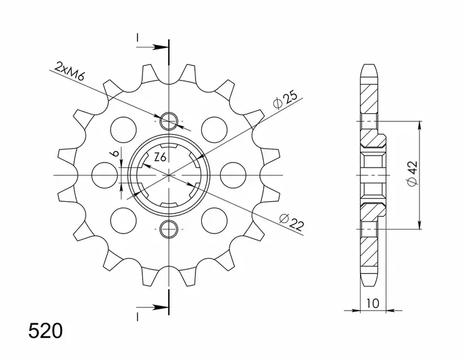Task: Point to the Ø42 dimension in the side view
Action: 412,174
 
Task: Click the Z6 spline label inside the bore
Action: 160,158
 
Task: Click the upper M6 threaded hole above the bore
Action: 169,120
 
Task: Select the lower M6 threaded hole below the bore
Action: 169,228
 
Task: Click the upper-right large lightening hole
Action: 214,129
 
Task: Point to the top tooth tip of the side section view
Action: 369,68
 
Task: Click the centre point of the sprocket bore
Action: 169,174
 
